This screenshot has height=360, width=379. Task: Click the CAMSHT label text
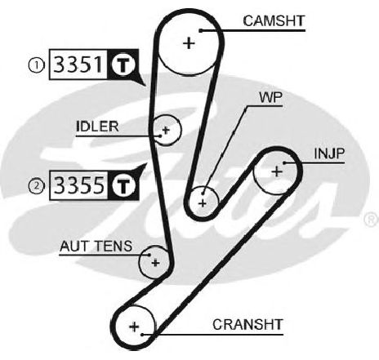[274, 21]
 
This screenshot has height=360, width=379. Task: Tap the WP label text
[271, 97]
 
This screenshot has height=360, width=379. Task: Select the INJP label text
[329, 153]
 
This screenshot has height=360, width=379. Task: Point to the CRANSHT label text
[247, 325]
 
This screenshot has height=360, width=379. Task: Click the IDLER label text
[97, 127]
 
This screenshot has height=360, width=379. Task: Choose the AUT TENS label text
[96, 247]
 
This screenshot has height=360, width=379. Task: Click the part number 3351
[78, 64]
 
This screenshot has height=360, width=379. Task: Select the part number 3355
[79, 185]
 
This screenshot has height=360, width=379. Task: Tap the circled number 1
[36, 65]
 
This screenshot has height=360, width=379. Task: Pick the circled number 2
[36, 186]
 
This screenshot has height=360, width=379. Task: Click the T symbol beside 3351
[123, 64]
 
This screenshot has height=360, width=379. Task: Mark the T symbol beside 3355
[124, 185]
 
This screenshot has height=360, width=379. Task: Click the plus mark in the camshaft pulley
[189, 43]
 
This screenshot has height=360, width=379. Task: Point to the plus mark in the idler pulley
[166, 130]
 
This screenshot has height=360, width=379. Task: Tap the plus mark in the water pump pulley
[203, 203]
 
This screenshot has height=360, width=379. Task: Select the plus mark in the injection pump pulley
[277, 171]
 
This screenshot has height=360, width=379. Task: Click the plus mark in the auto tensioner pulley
[155, 263]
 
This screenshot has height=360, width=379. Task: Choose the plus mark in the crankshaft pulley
[134, 327]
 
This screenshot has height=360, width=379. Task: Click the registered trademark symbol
[371, 220]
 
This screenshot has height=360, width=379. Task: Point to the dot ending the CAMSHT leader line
[201, 31]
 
